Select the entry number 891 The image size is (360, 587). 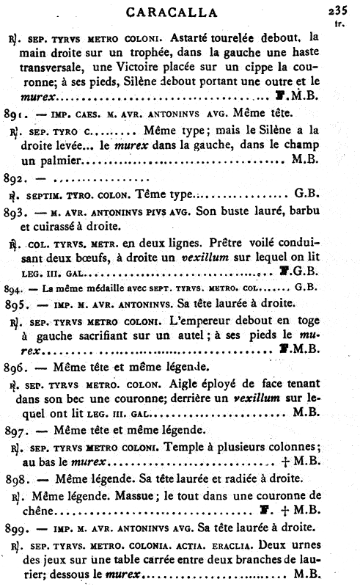click(15, 114)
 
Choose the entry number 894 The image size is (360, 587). click(13, 288)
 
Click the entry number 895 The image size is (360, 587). click(15, 304)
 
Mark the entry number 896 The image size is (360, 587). click(15, 368)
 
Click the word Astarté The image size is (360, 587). click(186, 35)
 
